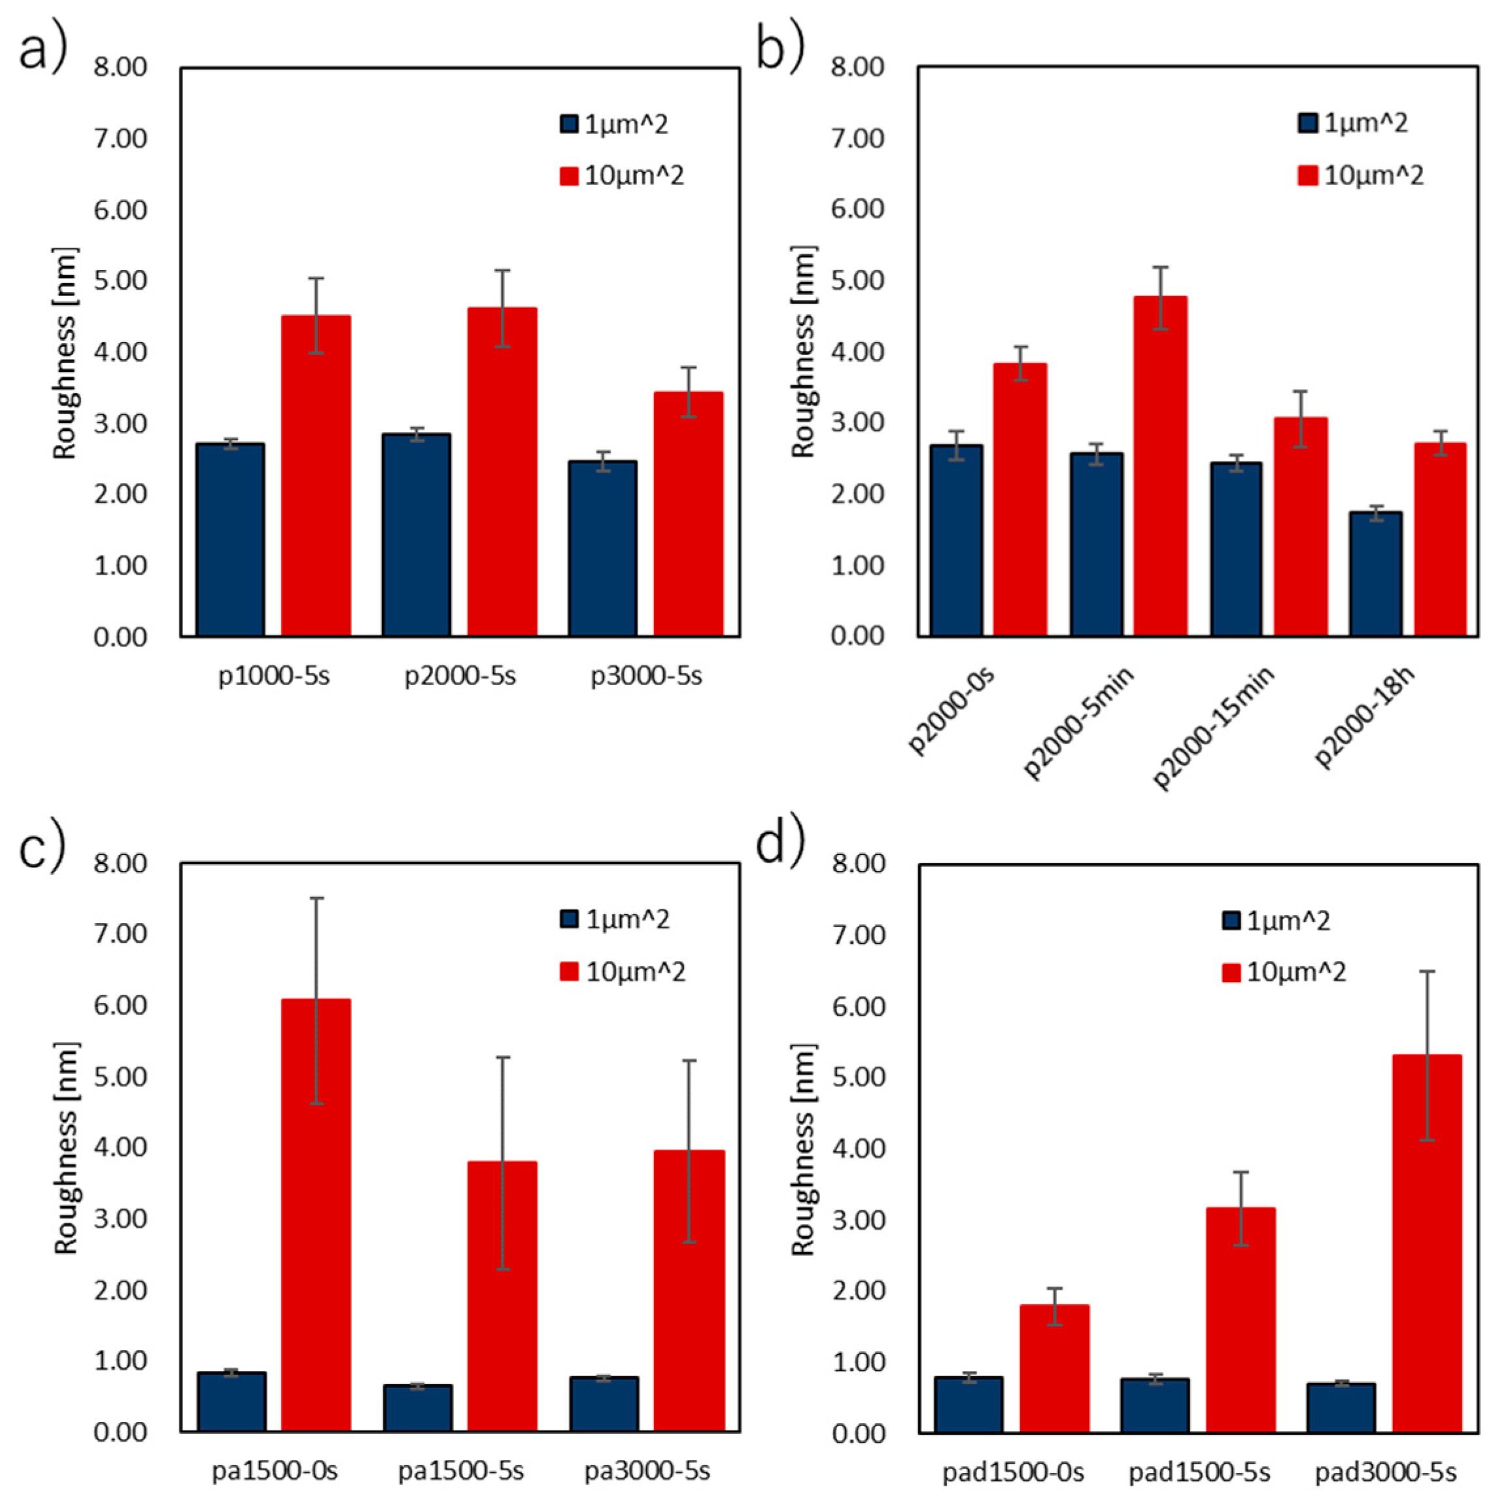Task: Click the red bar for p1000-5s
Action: coord(315,475)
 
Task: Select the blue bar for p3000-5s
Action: coord(602,549)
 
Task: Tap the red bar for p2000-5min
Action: coord(1160,466)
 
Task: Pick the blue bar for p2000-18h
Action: coord(1375,573)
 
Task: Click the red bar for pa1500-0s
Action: coord(315,1213)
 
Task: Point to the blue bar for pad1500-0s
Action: coord(968,1404)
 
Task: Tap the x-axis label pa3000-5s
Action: coord(647,1471)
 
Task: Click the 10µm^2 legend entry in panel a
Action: coord(622,176)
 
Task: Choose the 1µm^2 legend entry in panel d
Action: coord(1277,921)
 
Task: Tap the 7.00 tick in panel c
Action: coord(120,934)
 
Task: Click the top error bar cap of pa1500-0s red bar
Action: coord(316,898)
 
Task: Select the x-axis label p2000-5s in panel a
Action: coord(459,675)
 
